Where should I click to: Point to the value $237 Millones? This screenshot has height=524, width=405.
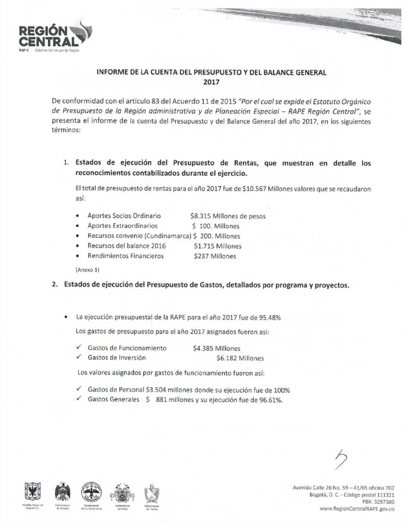[x=215, y=256]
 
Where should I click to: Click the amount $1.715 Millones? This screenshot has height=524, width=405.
[x=218, y=246]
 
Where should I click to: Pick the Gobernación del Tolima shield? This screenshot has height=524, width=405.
[x=152, y=493]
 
